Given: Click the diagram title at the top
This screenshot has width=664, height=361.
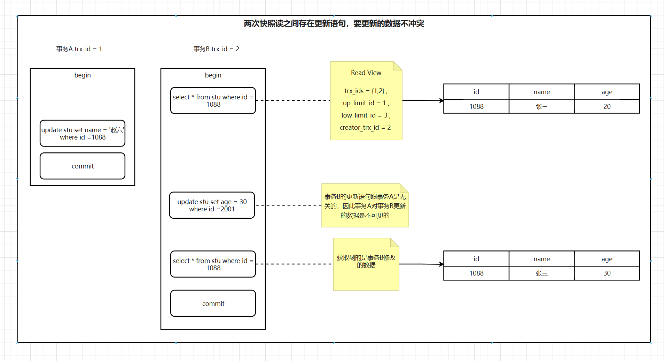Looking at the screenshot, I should pyautogui.click(x=334, y=24).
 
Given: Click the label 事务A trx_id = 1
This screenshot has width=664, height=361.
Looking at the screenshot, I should pyautogui.click(x=79, y=49).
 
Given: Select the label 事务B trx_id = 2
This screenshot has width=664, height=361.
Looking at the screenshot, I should pyautogui.click(x=216, y=49).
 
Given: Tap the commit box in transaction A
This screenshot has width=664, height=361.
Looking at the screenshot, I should pyautogui.click(x=83, y=166).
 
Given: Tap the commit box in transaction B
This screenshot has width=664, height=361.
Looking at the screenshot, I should pyautogui.click(x=213, y=303).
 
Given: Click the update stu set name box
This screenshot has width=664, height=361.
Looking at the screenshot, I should pyautogui.click(x=83, y=134).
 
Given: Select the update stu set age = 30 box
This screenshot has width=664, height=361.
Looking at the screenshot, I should pyautogui.click(x=212, y=205).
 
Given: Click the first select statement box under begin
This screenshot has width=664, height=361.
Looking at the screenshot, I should pyautogui.click(x=213, y=101).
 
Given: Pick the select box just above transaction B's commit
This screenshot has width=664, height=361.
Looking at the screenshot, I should pyautogui.click(x=213, y=264).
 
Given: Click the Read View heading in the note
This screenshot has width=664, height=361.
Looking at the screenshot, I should pyautogui.click(x=366, y=73).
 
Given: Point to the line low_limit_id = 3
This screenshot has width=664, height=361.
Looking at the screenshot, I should pyautogui.click(x=366, y=115).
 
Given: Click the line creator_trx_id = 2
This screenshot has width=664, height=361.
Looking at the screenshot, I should pyautogui.click(x=365, y=128).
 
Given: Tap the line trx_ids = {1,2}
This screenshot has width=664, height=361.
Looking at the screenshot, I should pyautogui.click(x=366, y=91).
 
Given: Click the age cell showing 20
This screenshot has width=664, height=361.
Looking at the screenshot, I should pyautogui.click(x=607, y=107).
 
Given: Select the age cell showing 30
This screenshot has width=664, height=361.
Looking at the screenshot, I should pyautogui.click(x=607, y=273).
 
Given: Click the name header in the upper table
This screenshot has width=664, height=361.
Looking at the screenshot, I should pyautogui.click(x=541, y=92).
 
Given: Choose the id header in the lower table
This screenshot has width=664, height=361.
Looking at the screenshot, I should pyautogui.click(x=476, y=259).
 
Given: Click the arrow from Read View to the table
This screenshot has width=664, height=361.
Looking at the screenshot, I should pyautogui.click(x=423, y=100).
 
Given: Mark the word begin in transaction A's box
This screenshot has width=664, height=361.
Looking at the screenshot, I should pyautogui.click(x=83, y=75).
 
